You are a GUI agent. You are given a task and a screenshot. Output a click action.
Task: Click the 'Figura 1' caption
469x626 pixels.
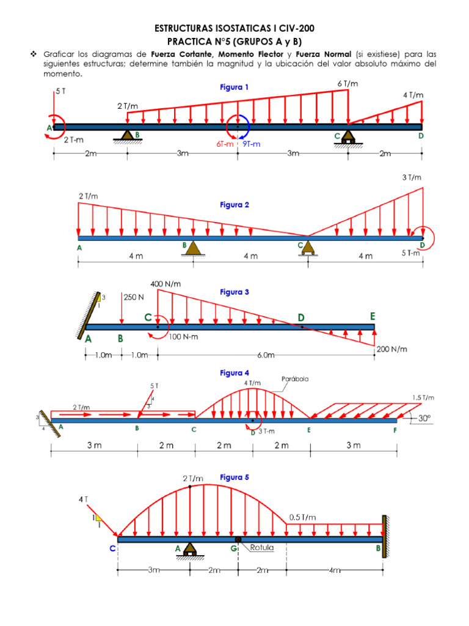point(234,87)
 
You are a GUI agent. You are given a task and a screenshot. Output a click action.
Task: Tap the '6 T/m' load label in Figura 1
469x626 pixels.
point(348,83)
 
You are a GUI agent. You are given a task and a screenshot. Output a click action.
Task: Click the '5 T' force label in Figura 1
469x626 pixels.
point(60,91)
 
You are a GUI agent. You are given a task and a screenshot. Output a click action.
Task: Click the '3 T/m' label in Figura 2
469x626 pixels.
point(411,177)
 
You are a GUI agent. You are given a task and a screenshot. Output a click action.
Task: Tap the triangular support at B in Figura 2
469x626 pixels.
point(194,248)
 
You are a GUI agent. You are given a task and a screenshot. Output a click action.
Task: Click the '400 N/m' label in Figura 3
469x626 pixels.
point(165,284)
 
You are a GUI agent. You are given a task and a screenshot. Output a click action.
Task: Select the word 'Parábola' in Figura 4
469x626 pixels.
point(295,378)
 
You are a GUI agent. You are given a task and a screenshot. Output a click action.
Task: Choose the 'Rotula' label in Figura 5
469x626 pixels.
point(262,548)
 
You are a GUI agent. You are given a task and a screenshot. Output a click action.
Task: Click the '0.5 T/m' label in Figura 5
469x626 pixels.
point(302,517)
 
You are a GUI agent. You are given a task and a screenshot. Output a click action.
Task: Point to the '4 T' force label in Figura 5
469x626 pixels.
point(84,499)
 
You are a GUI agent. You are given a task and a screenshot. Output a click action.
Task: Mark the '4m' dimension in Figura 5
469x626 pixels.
point(334,570)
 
